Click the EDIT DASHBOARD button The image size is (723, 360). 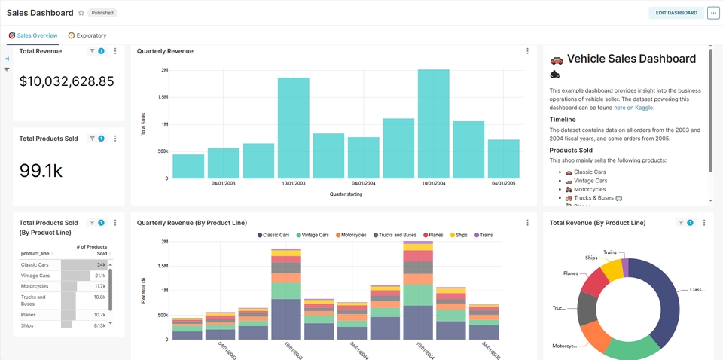(x=676, y=13)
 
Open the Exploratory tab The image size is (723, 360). (x=87, y=35)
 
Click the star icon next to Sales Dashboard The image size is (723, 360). (x=81, y=14)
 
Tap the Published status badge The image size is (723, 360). (x=102, y=14)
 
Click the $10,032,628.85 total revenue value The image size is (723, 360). (x=66, y=81)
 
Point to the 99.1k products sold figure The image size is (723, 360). (x=41, y=171)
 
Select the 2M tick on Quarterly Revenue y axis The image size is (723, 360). (x=164, y=70)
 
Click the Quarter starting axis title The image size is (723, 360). (x=346, y=194)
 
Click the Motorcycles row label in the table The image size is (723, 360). (x=35, y=286)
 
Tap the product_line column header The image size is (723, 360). (x=35, y=254)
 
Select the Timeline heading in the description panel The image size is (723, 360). (x=563, y=119)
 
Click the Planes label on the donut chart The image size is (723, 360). (x=571, y=274)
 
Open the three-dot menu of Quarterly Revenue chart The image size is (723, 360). (x=527, y=51)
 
